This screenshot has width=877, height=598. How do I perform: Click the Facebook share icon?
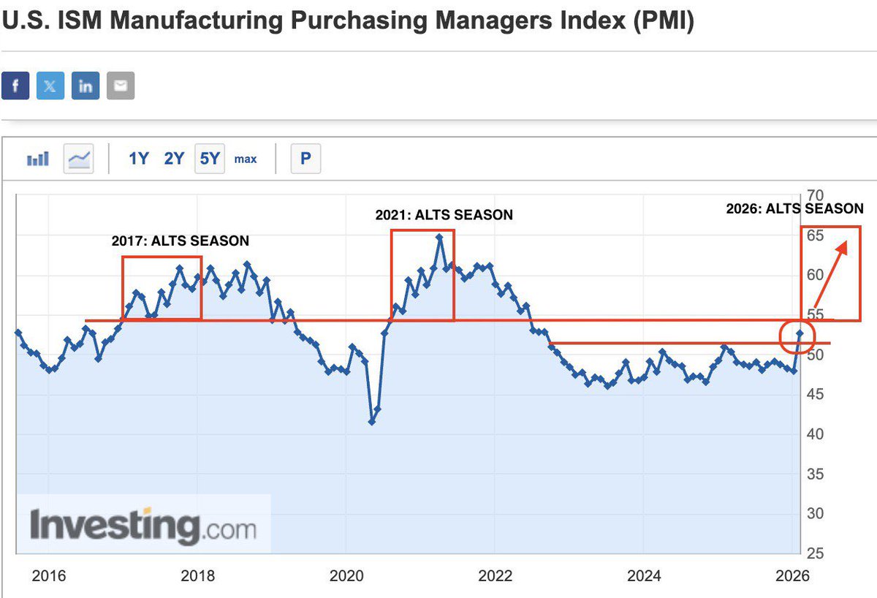15,86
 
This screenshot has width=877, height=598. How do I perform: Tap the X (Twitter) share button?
50,86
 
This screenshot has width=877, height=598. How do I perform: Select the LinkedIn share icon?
86,86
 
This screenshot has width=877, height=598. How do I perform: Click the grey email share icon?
121,86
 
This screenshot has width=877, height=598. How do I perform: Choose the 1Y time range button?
139,158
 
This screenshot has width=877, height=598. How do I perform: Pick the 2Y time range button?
174,158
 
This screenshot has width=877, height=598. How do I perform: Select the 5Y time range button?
210,158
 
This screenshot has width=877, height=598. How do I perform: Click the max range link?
246,159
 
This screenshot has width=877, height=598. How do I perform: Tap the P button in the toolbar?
305,158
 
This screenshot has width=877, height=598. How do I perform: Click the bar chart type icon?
38,158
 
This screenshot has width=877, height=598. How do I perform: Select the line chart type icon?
79,158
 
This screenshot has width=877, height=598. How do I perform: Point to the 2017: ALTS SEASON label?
180,241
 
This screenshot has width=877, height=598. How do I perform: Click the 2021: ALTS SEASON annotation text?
444,215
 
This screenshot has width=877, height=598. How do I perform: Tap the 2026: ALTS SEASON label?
794,208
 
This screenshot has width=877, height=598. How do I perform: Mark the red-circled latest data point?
800,334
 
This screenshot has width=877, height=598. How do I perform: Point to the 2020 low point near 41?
372,422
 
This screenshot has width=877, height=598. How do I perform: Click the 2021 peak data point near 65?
439,237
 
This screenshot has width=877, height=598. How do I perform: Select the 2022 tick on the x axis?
495,576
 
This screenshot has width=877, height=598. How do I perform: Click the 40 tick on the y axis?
815,434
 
